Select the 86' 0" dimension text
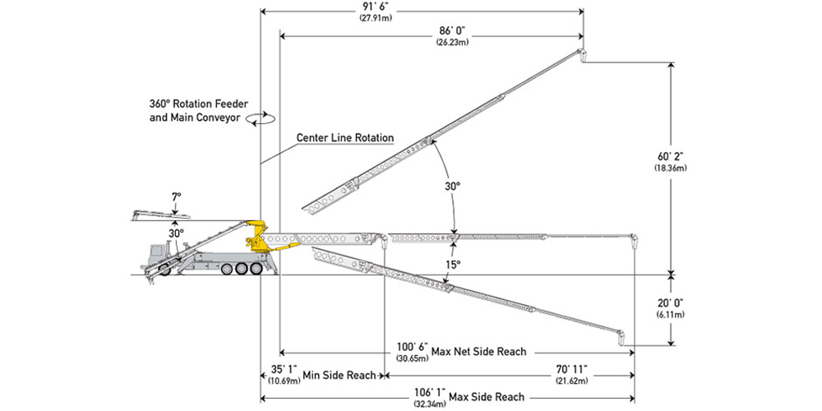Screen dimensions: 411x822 tap(454, 30)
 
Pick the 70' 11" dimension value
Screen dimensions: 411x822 tap(568, 369)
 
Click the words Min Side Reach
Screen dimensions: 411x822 tap(339, 375)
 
